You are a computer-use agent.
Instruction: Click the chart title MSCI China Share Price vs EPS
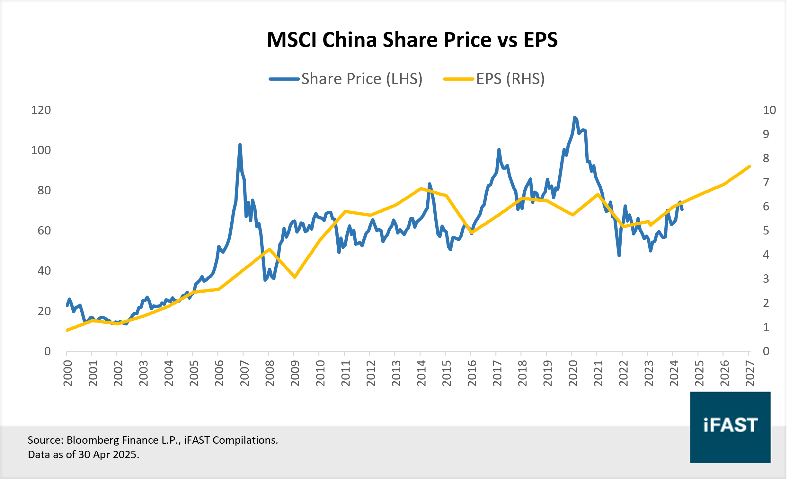412,40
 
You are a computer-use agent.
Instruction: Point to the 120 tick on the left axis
41,110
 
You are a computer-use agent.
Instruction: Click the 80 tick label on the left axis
44,191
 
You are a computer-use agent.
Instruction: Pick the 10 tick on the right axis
769,110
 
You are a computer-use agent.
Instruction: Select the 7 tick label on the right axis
766,182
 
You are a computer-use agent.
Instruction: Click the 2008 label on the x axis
270,373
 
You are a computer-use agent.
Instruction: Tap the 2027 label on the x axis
749,373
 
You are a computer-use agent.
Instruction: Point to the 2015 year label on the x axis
447,373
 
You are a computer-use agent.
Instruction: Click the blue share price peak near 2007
240,145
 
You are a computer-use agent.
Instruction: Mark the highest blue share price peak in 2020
574,118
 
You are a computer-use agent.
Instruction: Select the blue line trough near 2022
619,256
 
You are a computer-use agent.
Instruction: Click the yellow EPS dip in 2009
295,277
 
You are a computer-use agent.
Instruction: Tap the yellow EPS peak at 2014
421,189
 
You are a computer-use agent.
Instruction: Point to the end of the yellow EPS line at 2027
749,166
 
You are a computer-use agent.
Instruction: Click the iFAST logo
730,427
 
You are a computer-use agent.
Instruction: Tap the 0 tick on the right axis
766,351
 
